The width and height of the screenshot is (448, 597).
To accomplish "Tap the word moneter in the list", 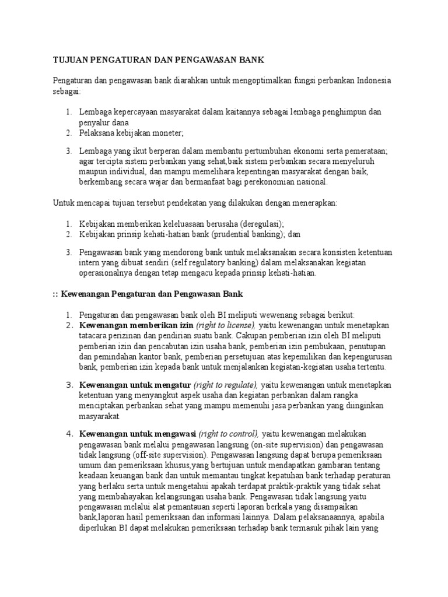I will click(x=166, y=132).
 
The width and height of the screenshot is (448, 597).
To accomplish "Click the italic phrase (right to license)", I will click(x=226, y=325).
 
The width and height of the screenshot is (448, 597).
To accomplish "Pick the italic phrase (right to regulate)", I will click(x=226, y=385).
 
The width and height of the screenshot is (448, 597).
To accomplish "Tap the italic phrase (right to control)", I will click(x=229, y=434).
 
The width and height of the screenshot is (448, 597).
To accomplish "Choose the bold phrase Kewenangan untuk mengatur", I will click(x=135, y=385).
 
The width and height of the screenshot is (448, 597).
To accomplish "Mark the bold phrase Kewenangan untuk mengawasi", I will click(x=138, y=434).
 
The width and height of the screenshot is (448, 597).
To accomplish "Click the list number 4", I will click(x=69, y=434).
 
